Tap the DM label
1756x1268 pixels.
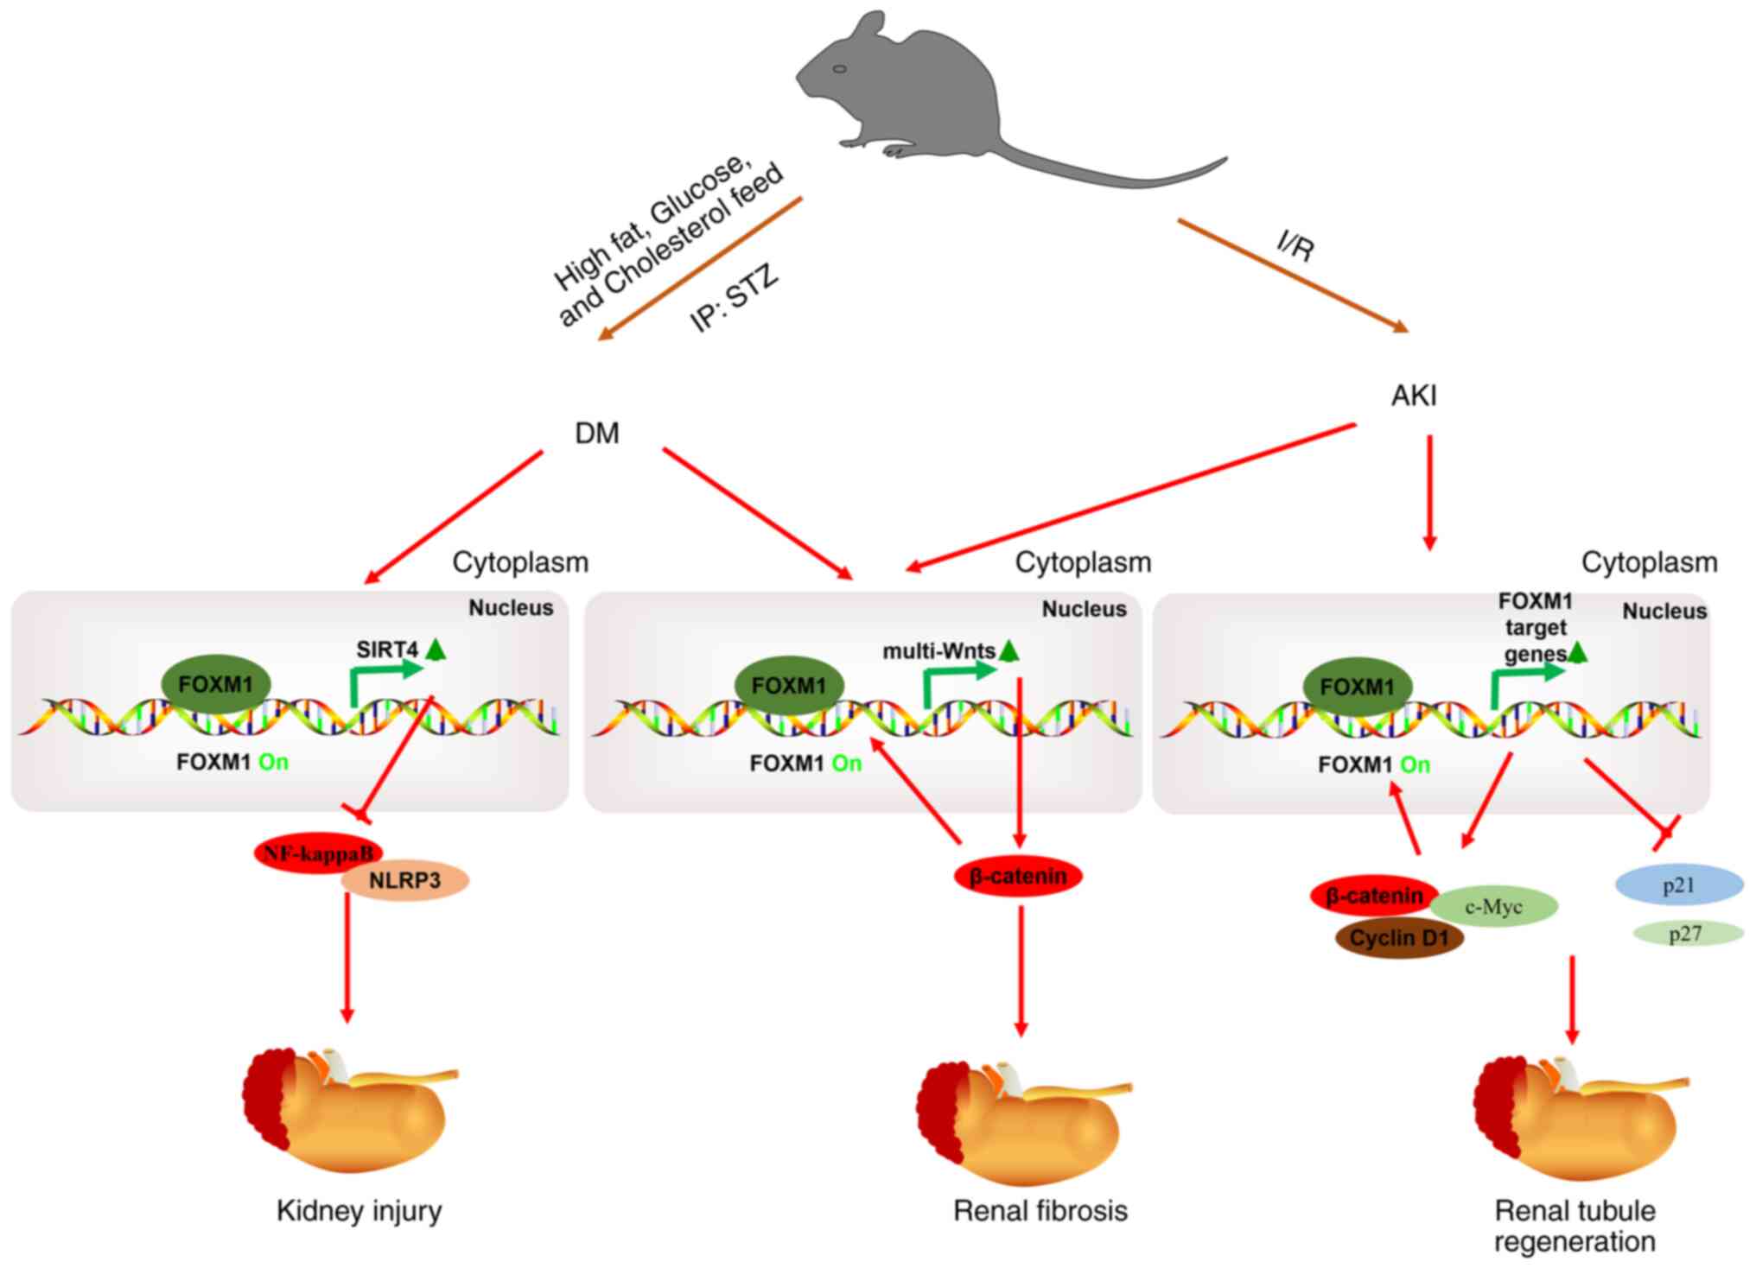tap(597, 433)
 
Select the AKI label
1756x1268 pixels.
tap(1414, 396)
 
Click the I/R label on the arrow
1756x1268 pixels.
tap(1296, 246)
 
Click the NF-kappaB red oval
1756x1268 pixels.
tap(318, 853)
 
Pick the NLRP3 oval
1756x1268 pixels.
tap(405, 881)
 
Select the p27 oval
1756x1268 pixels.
tap(1685, 934)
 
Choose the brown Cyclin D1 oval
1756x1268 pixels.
tap(1399, 938)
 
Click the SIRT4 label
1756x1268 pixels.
tap(386, 650)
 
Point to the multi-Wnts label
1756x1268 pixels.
tap(938, 651)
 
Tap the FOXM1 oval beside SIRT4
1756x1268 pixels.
tap(216, 685)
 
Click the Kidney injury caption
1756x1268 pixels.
tap(359, 1211)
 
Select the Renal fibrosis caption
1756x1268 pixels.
tap(1040, 1211)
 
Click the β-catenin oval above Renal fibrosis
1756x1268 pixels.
tap(1018, 877)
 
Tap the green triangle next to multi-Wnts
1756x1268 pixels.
tap(1008, 650)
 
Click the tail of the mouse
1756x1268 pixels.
tap(1123, 177)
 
